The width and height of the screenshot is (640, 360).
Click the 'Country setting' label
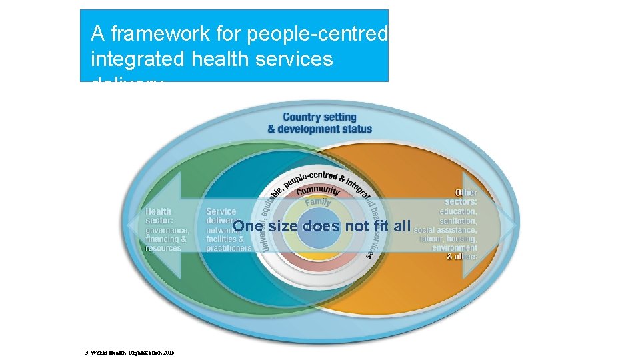[319, 117]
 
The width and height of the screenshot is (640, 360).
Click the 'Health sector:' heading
[159, 215]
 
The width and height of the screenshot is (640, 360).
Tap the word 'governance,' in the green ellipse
[167, 230]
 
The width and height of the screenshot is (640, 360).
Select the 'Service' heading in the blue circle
[221, 211]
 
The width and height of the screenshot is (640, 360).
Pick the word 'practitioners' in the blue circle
[229, 248]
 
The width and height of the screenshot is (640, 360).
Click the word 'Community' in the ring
[318, 191]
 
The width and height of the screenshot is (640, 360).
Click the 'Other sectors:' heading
[469, 197]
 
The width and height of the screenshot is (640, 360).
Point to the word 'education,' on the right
[458, 211]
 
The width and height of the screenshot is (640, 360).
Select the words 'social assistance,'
[445, 230]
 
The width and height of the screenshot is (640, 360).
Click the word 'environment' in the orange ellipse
[455, 248]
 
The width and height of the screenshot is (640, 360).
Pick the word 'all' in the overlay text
[401, 226]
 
